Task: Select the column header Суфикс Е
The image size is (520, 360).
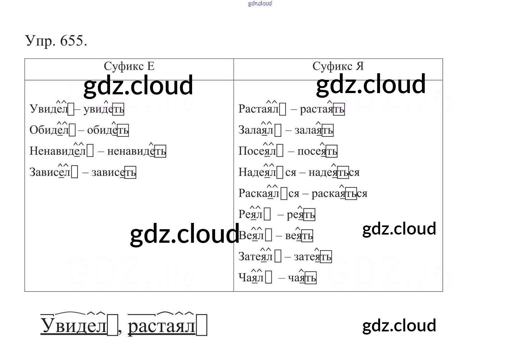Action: (129, 66)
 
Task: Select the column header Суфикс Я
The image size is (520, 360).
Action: (338, 66)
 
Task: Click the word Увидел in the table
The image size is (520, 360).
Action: (49, 109)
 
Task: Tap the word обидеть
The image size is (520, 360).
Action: (108, 130)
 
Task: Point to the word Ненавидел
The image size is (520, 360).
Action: (58, 151)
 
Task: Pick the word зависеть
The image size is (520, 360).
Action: (113, 172)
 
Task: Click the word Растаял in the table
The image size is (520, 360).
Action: (258, 109)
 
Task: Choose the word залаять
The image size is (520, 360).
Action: (313, 130)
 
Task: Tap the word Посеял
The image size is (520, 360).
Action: (257, 151)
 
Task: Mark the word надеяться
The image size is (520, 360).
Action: (334, 172)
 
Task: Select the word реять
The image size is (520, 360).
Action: (301, 215)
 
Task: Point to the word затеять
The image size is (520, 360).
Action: (312, 257)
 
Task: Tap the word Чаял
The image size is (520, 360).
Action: (251, 278)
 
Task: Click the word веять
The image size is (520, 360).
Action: (299, 236)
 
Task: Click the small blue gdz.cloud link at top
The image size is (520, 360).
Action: (260, 3)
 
